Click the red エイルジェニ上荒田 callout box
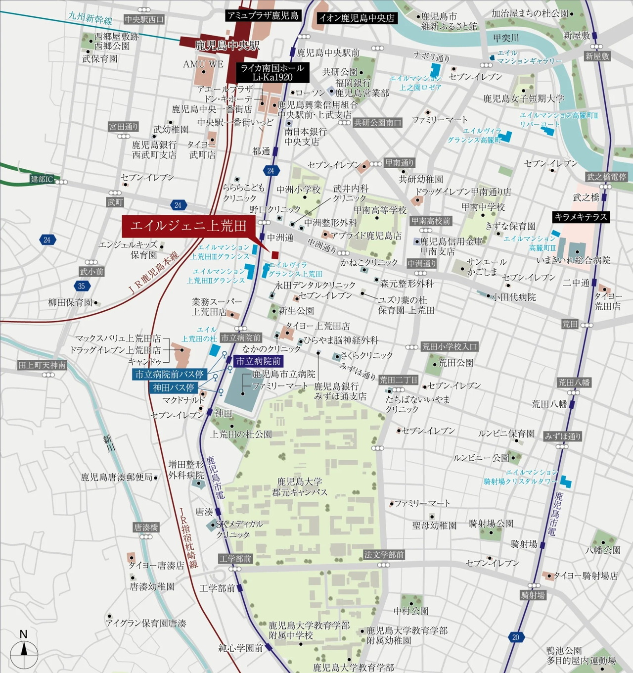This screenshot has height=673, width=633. click(188, 227)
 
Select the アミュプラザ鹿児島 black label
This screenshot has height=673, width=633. click(263, 16)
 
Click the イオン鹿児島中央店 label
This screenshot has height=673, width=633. click(357, 18)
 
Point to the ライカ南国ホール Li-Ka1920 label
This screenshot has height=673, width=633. click(272, 73)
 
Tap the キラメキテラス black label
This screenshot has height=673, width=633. click(580, 217)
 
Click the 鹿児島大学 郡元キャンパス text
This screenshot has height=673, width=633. click(300, 487)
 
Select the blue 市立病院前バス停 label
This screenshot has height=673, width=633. click(170, 374)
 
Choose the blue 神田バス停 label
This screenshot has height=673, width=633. click(173, 387)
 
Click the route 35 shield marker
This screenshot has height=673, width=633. click(81, 286)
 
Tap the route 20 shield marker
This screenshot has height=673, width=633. click(516, 637)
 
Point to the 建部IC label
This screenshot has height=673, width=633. click(42, 179)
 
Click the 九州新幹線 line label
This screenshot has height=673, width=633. click(90, 19)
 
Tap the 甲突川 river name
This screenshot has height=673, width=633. click(506, 38)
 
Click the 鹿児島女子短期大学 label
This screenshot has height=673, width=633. click(524, 98)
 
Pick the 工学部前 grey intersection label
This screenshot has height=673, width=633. click(235, 559)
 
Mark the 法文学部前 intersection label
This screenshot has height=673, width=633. click(384, 555)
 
